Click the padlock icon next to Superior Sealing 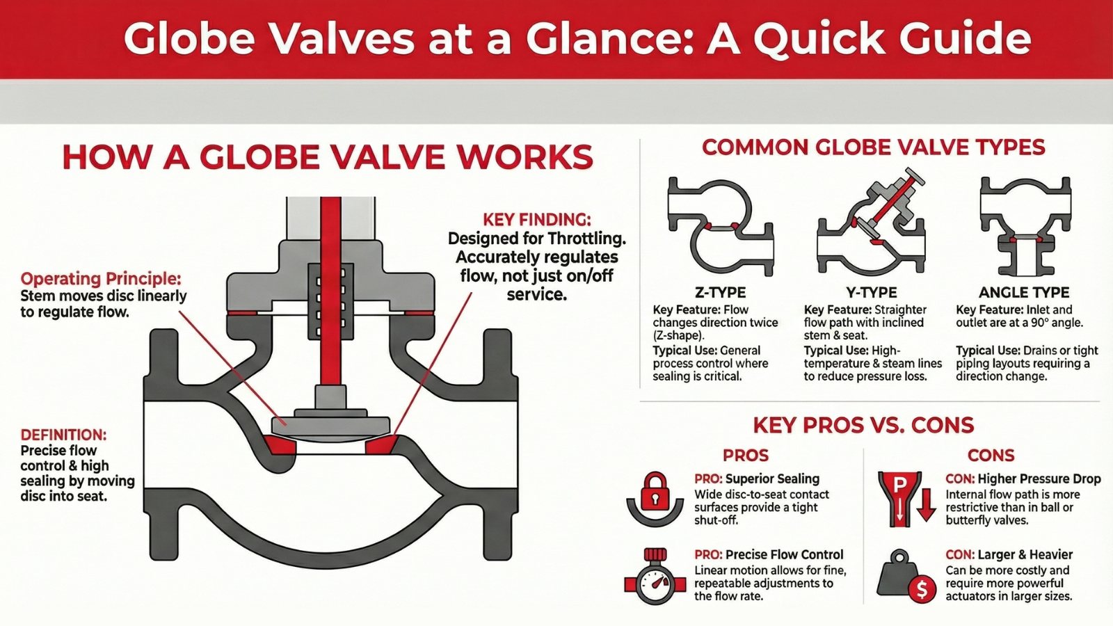point(654,497)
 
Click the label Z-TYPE point(720,292)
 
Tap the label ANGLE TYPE point(1024,292)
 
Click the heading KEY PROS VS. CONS point(863,425)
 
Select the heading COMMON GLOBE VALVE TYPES point(873,147)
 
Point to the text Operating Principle point(100,279)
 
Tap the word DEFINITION point(63,435)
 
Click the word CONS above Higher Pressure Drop point(991,456)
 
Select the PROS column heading point(745,456)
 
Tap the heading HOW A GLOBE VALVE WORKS point(327,157)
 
